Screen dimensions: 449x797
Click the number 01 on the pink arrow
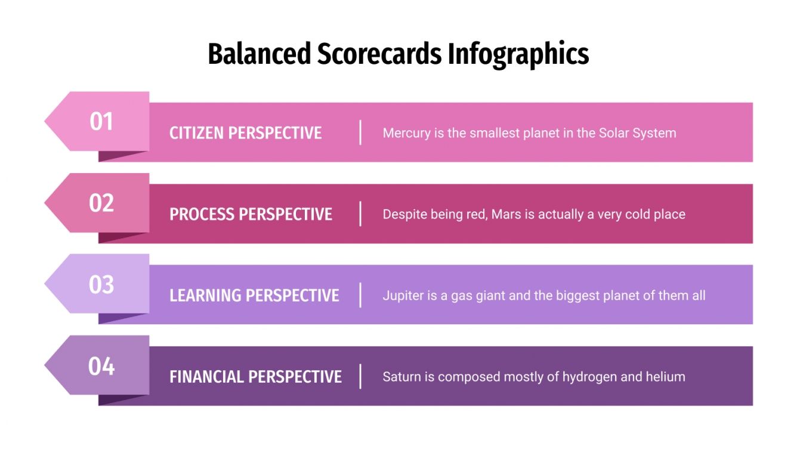(101, 121)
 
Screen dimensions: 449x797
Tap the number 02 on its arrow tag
(101, 203)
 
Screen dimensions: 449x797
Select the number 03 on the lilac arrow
(101, 284)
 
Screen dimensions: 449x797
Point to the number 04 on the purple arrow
(101, 365)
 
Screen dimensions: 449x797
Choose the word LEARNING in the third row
(205, 296)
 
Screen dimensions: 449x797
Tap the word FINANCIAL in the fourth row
(206, 377)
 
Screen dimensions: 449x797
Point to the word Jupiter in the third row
(401, 296)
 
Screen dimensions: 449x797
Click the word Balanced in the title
(260, 54)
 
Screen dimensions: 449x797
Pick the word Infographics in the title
(518, 54)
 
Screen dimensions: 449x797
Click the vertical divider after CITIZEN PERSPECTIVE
(360, 132)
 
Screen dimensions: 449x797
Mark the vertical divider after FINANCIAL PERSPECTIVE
(360, 377)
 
